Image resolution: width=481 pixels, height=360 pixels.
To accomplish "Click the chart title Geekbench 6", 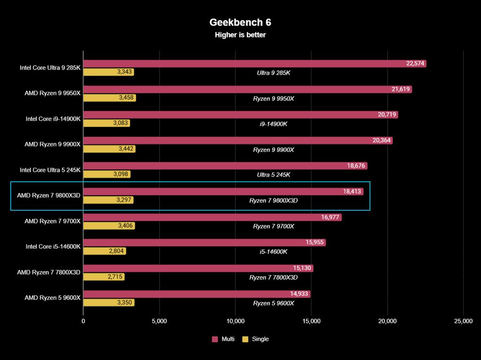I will (x=240, y=23).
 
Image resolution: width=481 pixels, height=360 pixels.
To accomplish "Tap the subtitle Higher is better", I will (x=240, y=35).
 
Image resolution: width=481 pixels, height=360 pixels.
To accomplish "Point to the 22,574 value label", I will (x=416, y=64).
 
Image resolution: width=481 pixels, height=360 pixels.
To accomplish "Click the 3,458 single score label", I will (x=125, y=98).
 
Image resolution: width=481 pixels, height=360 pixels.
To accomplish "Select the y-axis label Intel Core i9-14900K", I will (x=53, y=119).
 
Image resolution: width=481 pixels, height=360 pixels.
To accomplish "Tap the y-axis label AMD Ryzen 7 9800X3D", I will (x=49, y=195).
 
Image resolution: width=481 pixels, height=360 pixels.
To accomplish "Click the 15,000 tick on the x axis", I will (x=311, y=321).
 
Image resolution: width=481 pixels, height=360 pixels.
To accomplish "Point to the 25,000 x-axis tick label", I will (x=463, y=321).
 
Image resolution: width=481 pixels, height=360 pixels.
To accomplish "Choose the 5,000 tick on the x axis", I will (x=159, y=321).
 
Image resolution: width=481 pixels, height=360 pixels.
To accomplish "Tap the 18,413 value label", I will (x=352, y=191).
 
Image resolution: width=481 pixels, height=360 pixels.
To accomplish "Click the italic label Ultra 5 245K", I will (x=273, y=175).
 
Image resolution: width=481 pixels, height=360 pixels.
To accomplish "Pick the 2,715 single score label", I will (x=115, y=277).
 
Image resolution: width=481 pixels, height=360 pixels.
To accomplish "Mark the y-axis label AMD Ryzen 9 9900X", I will (x=53, y=144).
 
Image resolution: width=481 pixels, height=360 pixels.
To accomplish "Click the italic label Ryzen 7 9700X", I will (x=273, y=226).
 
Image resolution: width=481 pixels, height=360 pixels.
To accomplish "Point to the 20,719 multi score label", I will (x=387, y=115).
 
